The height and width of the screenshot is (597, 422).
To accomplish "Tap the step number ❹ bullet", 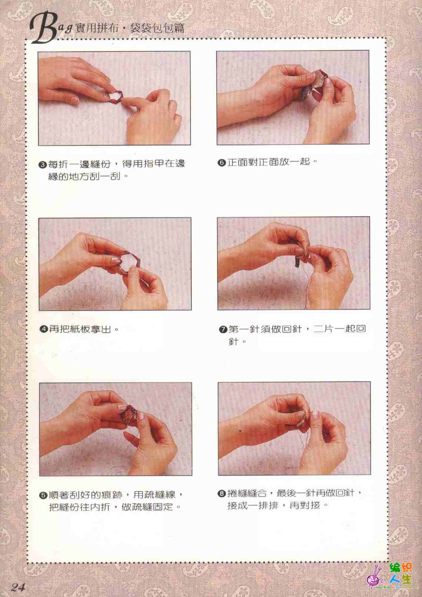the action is (43, 330).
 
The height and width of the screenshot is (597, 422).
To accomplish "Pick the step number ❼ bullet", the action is (223, 330).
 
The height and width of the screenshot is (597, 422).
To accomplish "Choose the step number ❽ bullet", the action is (222, 494).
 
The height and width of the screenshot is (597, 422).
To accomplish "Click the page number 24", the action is (18, 587).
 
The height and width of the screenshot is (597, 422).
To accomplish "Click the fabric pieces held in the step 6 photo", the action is (314, 84).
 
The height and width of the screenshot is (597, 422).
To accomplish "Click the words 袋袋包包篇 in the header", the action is (157, 28).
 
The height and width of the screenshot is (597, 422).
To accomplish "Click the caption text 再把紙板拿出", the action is (80, 330).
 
